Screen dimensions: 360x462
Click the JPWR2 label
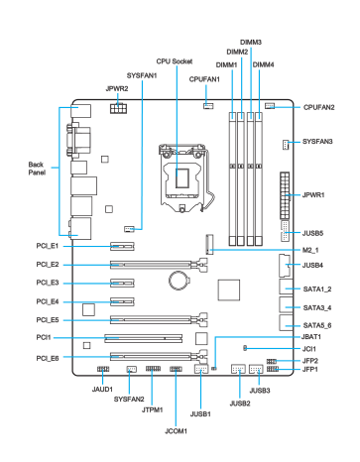[117, 88]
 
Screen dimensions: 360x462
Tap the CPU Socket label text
[175, 61]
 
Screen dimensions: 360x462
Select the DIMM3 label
[251, 42]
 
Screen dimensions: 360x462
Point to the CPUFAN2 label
[318, 107]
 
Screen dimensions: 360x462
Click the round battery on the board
[179, 281]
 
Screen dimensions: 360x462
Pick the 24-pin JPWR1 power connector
[285, 195]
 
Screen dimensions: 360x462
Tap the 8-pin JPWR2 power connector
[118, 108]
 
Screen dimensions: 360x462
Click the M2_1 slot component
[209, 244]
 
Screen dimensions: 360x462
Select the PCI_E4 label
[48, 301]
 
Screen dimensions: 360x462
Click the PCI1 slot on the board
[144, 338]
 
